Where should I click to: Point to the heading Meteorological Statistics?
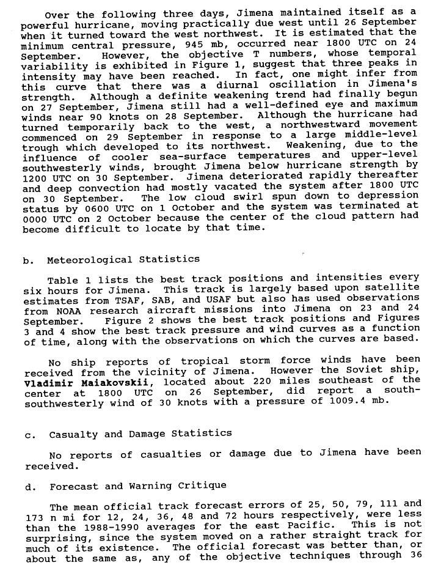pos(123,260)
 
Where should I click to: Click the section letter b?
pos(27,260)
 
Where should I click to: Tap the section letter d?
pos(28,486)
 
